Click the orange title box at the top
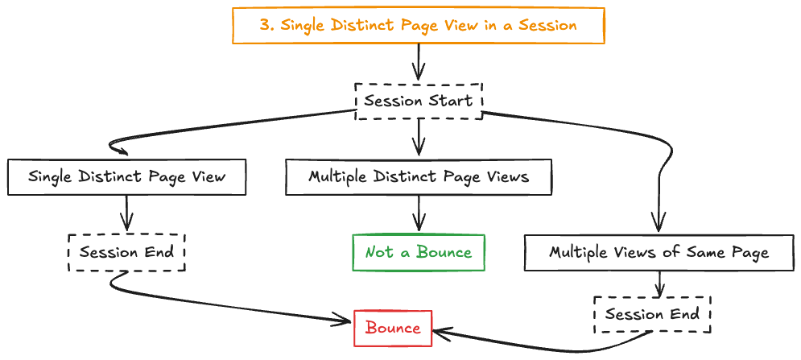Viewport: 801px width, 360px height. coord(418,25)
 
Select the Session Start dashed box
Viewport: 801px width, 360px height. coord(419,101)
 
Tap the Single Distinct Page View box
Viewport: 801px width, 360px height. coord(126,177)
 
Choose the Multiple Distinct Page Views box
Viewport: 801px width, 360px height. coord(419,177)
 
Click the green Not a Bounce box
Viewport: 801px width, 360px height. coord(419,253)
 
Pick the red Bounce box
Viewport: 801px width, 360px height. coord(393,329)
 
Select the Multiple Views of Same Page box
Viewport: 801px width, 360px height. coord(659,253)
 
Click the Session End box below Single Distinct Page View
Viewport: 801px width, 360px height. coord(126,253)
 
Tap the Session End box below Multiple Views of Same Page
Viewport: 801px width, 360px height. coord(652,314)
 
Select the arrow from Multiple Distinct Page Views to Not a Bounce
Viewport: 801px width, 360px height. coord(419,215)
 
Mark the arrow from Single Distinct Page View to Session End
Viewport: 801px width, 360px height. coord(127,215)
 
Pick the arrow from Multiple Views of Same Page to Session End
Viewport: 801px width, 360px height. coord(660,283)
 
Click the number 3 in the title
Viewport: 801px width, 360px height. coord(264,25)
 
